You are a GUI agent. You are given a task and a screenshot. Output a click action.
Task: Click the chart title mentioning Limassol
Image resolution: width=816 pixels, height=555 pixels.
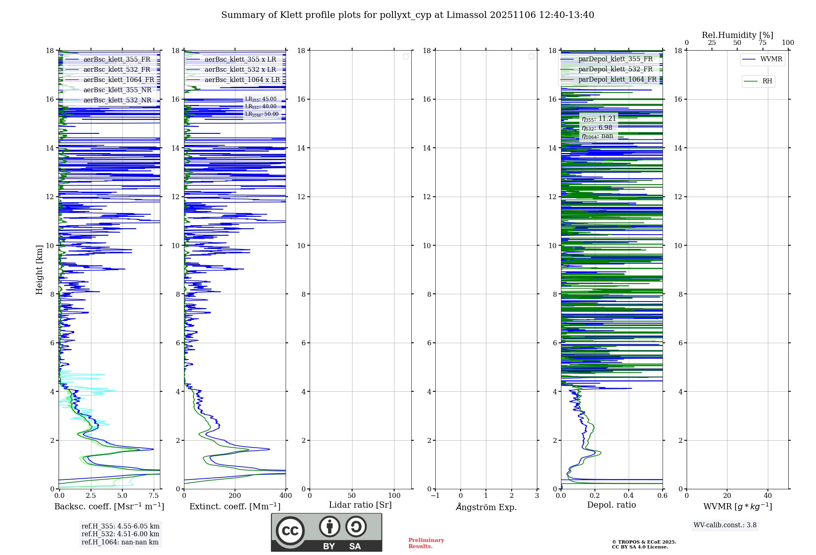(x=408, y=15)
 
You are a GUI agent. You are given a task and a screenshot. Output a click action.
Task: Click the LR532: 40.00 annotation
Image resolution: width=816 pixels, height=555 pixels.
(x=261, y=107)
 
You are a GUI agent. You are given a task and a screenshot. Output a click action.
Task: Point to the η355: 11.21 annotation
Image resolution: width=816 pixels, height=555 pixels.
(x=599, y=119)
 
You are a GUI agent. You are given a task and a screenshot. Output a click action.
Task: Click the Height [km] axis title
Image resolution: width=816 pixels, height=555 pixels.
(x=39, y=269)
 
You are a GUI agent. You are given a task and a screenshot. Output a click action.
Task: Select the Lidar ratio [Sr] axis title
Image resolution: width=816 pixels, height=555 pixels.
(x=360, y=505)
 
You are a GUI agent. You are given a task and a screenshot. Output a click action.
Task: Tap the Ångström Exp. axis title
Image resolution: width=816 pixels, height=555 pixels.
(x=486, y=507)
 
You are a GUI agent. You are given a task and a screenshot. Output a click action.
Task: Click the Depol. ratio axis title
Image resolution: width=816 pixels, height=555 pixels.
(x=611, y=505)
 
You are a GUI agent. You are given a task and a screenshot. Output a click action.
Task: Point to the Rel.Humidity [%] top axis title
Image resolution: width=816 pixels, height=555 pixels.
(x=737, y=35)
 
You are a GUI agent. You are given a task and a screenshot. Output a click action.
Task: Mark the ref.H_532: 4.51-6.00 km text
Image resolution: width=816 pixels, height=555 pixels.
(x=120, y=534)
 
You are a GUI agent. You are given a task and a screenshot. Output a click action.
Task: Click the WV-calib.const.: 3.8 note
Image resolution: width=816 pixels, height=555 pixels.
(x=725, y=525)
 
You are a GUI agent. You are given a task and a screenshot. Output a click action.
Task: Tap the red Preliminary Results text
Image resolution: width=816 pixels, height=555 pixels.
(x=426, y=543)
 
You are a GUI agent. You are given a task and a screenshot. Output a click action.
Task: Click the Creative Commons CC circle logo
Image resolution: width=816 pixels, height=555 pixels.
(x=290, y=531)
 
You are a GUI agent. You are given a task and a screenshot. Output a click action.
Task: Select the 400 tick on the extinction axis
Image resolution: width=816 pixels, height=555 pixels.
(x=286, y=495)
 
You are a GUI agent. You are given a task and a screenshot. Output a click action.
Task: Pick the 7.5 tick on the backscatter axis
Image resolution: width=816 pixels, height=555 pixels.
(x=153, y=495)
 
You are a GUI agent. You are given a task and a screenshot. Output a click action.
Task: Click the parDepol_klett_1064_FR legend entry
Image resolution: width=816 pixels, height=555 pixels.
(x=617, y=80)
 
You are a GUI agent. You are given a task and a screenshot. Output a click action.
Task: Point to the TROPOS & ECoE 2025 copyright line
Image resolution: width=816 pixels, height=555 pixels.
(x=644, y=542)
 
